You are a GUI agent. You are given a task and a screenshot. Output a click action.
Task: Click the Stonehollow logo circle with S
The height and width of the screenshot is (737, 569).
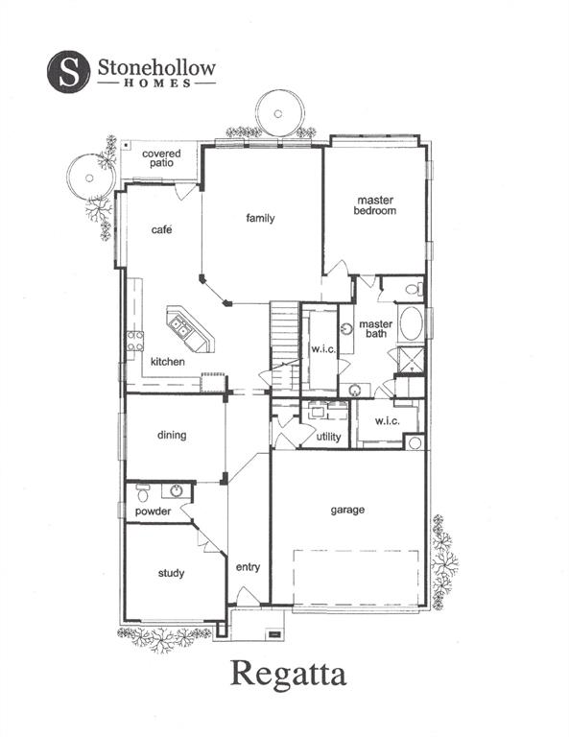(x=69, y=70)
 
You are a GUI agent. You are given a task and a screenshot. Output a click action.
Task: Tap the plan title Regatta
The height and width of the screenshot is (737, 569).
(x=287, y=673)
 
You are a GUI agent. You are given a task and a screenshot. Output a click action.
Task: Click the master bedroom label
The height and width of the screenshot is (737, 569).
(x=374, y=205)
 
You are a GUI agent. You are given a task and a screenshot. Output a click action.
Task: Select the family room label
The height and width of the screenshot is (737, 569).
(x=260, y=219)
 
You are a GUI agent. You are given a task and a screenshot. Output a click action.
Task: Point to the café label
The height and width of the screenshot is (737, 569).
(x=161, y=230)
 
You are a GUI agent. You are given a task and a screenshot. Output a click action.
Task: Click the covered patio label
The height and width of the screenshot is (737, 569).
(x=160, y=158)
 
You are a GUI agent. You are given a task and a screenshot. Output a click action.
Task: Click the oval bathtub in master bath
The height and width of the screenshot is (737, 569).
(x=411, y=323)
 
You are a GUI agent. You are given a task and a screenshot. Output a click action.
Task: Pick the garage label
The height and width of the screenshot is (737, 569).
(x=347, y=510)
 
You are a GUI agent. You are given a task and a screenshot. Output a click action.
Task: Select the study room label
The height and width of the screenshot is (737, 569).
(x=172, y=573)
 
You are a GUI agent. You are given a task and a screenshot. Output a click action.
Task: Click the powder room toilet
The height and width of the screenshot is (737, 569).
(x=143, y=494)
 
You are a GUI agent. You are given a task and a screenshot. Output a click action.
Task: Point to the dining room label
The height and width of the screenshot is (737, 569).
(x=172, y=435)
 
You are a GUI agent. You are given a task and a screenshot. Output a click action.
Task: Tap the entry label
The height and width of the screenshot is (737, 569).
(x=248, y=567)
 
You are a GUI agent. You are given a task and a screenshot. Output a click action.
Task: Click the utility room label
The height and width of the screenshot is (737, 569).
(x=328, y=437)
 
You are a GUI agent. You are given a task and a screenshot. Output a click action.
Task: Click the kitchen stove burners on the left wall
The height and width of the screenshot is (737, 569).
(x=135, y=340)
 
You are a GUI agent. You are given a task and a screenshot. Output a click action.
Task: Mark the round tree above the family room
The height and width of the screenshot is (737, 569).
(x=277, y=113)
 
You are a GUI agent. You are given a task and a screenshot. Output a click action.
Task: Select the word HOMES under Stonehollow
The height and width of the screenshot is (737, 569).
(x=156, y=83)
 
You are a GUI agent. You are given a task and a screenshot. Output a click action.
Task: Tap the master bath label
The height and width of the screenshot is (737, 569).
(x=376, y=330)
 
